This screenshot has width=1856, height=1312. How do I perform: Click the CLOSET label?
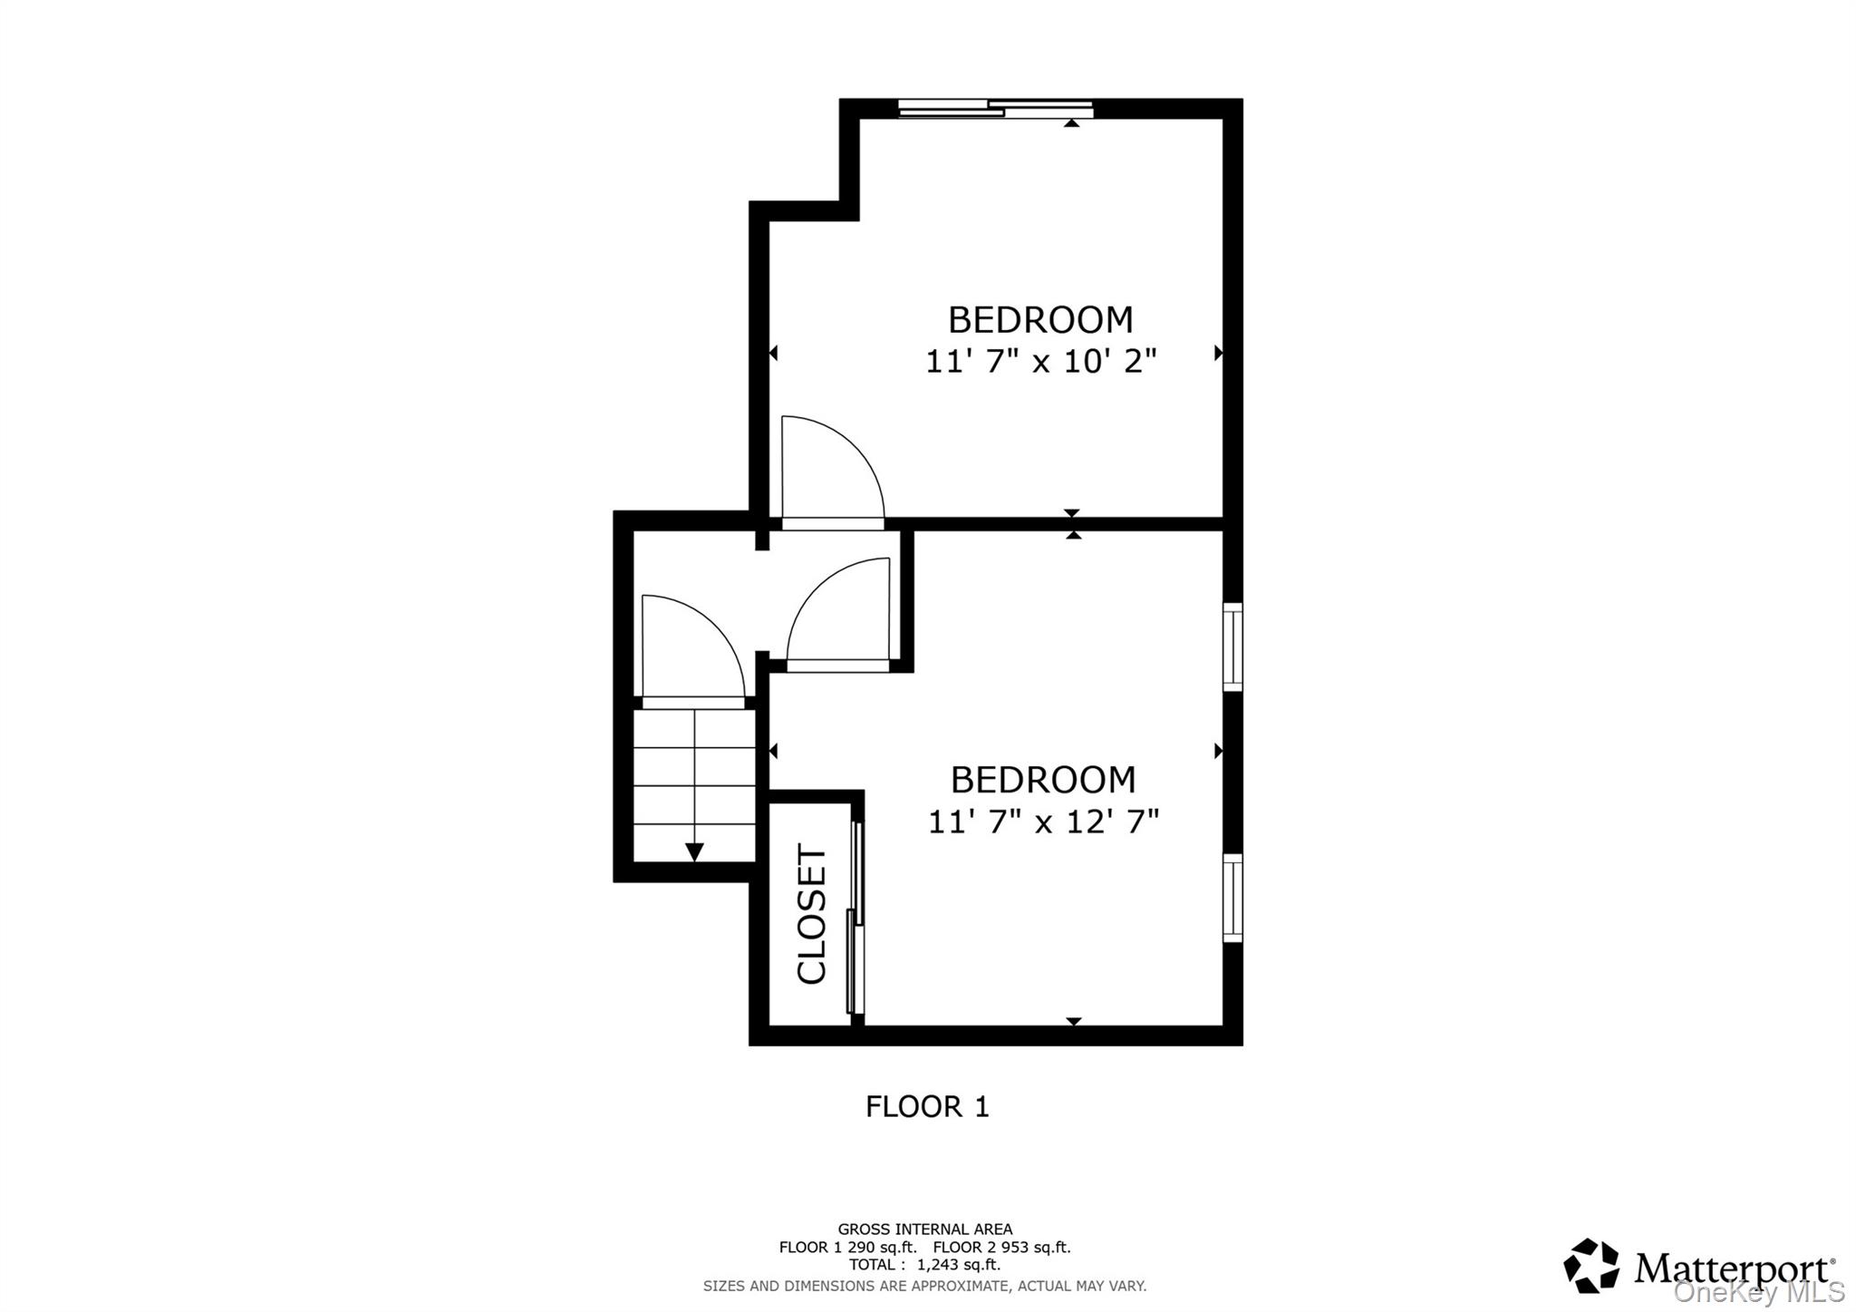pos(812,913)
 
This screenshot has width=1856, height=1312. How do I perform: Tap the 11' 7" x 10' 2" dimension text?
pos(1040,362)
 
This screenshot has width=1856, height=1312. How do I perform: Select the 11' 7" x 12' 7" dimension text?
pos(1043,821)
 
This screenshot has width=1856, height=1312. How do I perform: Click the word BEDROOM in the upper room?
pos(1040,320)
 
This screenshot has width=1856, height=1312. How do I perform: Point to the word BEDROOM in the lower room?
pos(1042,780)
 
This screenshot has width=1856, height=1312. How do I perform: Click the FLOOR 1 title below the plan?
pos(927,1106)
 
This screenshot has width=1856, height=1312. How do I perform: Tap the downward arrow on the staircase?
pos(694,851)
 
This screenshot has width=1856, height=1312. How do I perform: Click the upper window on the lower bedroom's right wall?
pos(1232,646)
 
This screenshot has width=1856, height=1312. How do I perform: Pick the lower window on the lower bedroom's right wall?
pos(1232,898)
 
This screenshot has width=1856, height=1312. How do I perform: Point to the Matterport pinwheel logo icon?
pos(1591,1265)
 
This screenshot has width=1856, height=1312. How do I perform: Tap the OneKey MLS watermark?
pos(1758,1291)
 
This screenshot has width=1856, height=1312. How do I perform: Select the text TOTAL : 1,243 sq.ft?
pos(924,1264)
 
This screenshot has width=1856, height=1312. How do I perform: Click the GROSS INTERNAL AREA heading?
pos(924,1229)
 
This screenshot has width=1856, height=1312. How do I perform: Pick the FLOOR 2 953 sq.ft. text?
pos(1001,1247)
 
